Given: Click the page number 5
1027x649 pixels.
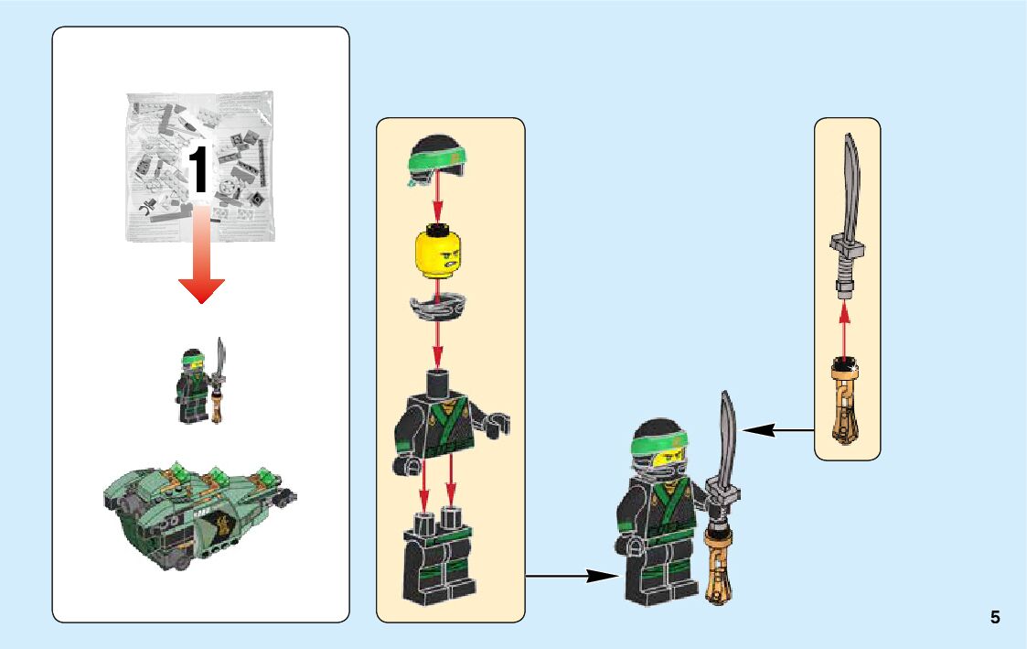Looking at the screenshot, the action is [x=995, y=618].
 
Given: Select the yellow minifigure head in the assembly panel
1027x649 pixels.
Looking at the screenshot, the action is [x=438, y=252].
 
